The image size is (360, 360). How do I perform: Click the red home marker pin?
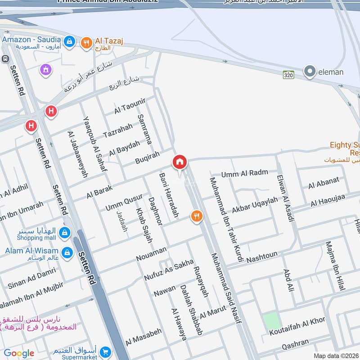pyautogui.click(x=179, y=162)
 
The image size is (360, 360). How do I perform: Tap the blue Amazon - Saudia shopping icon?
pyautogui.click(x=69, y=42)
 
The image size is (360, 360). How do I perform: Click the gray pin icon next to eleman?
pyautogui.click(x=309, y=72)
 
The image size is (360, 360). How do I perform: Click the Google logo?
pyautogui.click(x=19, y=353)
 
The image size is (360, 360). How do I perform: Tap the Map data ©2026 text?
pyautogui.click(x=336, y=355)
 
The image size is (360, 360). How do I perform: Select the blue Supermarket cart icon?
pyautogui.click(x=106, y=351)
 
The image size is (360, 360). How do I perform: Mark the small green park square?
pyautogui.click(x=271, y=321)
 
